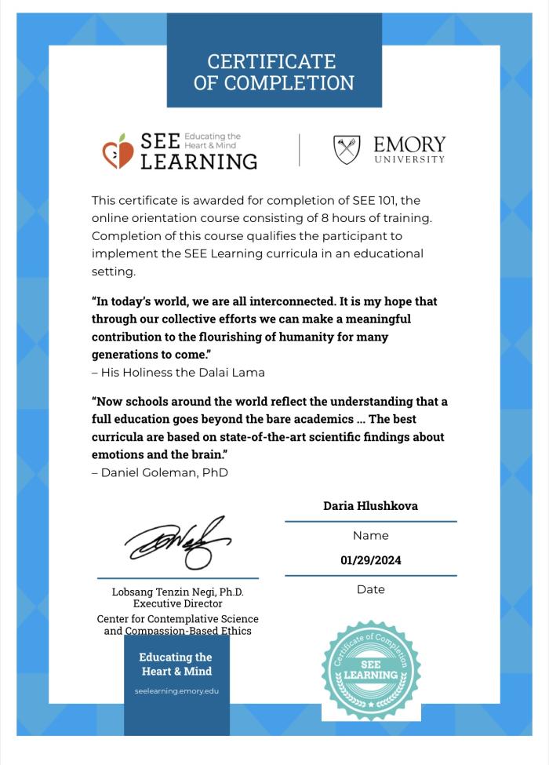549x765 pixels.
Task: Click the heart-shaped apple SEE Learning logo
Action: [118, 151]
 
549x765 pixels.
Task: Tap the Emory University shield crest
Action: [347, 150]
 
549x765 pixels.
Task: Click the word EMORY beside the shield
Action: [409, 144]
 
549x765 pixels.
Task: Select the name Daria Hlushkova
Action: [370, 506]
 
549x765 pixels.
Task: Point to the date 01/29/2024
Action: [370, 561]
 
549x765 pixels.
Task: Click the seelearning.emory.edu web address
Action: [176, 691]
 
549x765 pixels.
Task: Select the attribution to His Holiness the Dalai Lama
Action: [179, 372]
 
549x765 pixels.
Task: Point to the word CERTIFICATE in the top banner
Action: [271, 61]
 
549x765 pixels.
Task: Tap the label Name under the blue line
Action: [370, 536]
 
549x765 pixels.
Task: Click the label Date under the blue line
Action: [370, 589]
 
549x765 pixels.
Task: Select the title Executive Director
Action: [177, 603]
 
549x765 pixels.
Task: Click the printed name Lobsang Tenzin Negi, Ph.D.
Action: [177, 592]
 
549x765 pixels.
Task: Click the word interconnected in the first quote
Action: [307, 302]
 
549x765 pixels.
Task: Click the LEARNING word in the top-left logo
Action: [198, 161]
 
